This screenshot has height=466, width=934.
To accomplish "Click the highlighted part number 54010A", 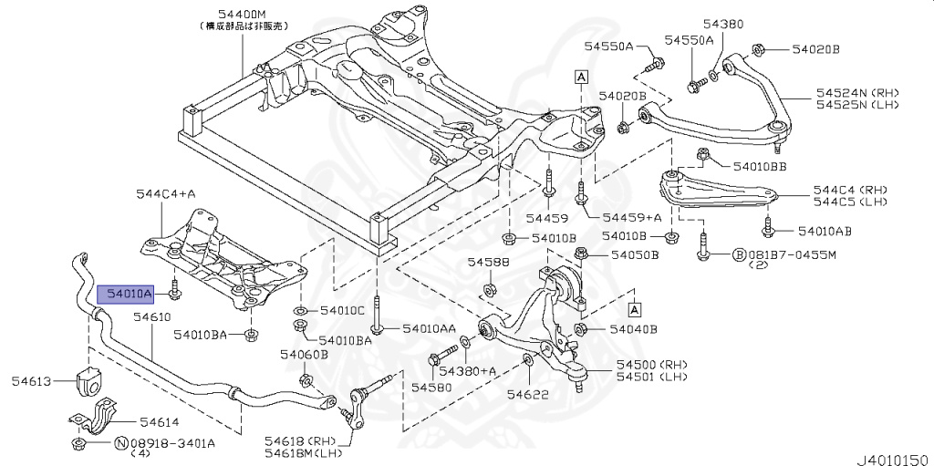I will (126, 293).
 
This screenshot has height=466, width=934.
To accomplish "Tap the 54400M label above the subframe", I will (243, 15).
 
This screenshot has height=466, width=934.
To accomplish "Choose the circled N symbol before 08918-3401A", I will (120, 443).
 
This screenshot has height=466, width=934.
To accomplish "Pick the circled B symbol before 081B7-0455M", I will (740, 254).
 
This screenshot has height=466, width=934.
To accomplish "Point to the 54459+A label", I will (631, 218).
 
